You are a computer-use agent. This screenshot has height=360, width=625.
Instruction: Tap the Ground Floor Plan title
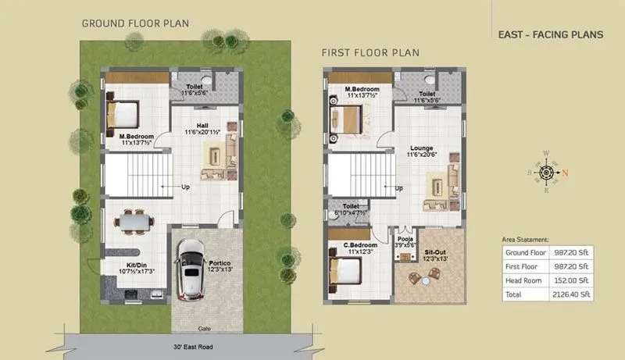pyautogui.click(x=135, y=23)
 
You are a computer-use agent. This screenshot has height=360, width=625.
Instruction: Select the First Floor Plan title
pyautogui.click(x=370, y=52)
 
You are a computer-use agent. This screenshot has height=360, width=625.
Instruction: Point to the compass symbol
pyautogui.click(x=546, y=172)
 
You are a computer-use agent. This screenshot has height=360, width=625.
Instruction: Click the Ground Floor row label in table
pyautogui.click(x=525, y=253)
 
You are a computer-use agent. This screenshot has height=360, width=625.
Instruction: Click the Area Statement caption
pyautogui.click(x=524, y=240)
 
